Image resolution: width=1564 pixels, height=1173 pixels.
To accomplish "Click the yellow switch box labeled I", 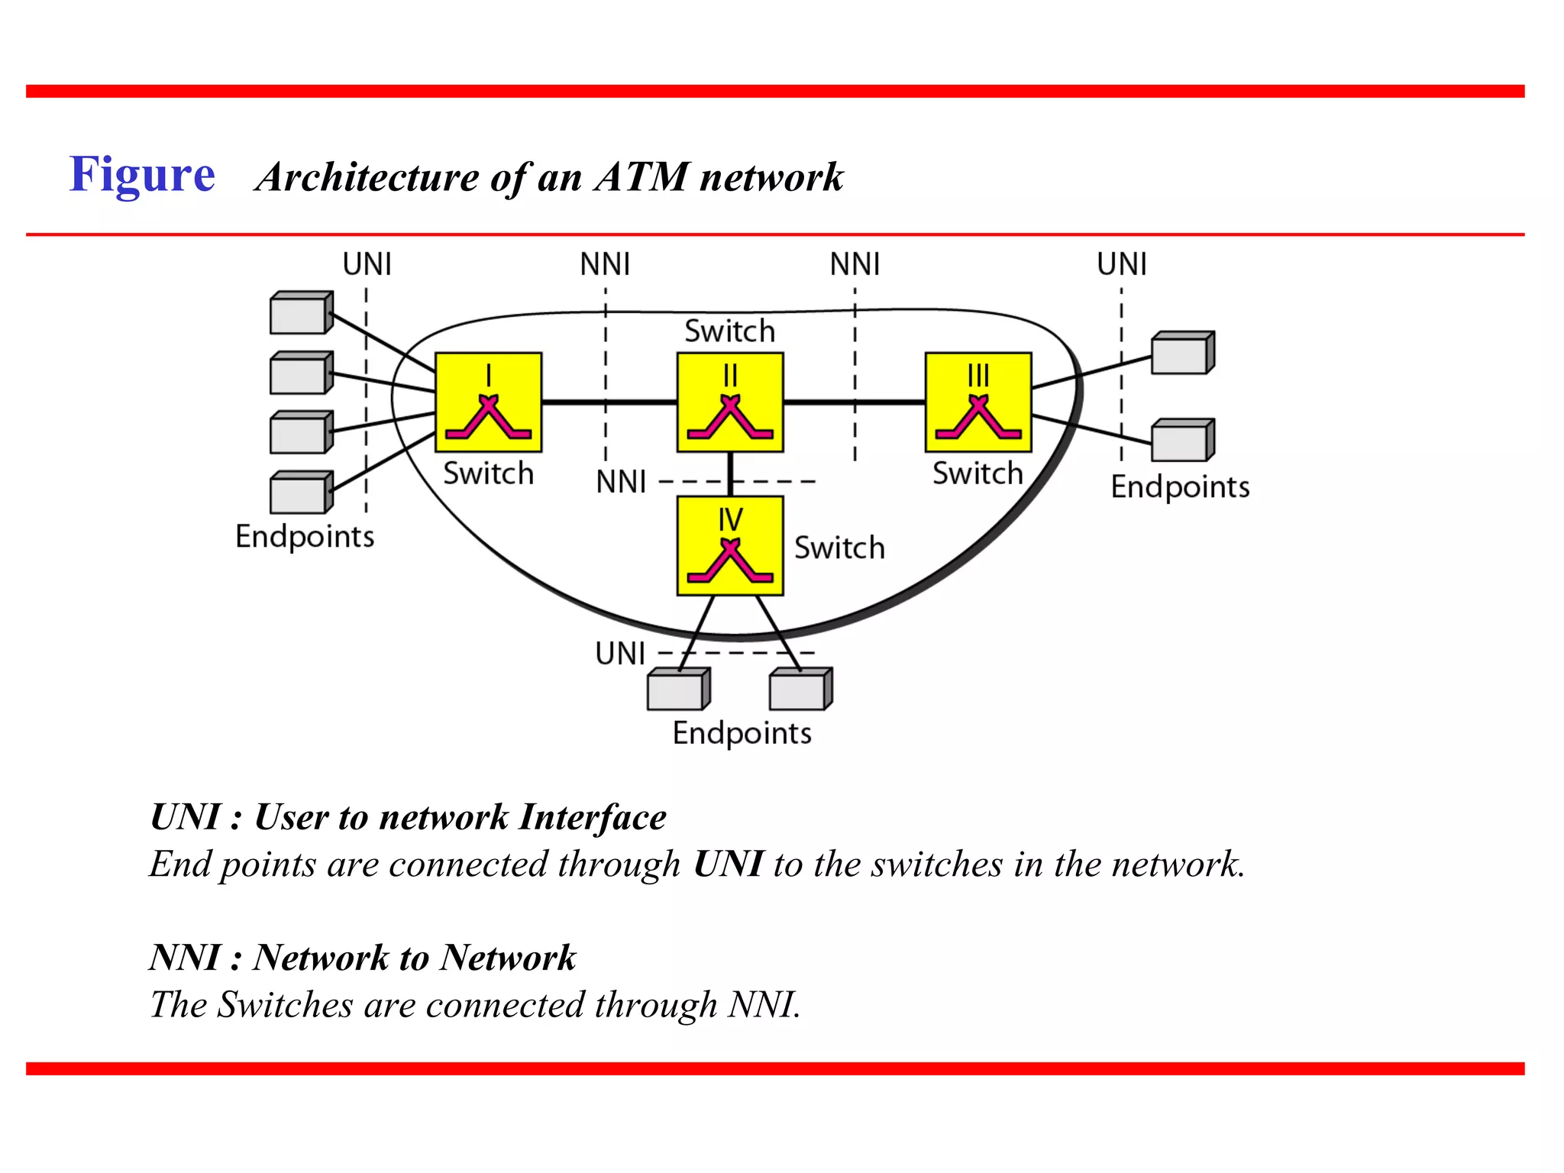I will tap(488, 402).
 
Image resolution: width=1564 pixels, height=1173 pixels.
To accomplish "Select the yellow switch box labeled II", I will tap(730, 402).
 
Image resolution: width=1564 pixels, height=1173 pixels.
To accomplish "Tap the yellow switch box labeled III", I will tap(977, 402).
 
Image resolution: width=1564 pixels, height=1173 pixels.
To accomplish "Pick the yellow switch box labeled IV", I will tap(730, 545).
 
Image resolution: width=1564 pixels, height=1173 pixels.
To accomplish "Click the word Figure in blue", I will tap(142, 175).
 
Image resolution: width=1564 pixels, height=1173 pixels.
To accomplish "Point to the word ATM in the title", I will tap(641, 176).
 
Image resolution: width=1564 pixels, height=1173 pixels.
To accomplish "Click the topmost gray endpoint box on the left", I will tap(300, 313).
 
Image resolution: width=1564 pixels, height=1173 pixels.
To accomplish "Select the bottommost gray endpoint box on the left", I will tap(300, 493).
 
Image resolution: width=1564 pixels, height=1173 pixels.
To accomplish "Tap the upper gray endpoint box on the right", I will tap(1181, 354).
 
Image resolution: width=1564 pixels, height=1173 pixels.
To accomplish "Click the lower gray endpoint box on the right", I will tap(1181, 441).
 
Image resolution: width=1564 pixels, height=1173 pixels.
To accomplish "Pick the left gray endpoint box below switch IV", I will tap(677, 690).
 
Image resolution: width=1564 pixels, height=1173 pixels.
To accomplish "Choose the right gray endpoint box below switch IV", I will tap(800, 690).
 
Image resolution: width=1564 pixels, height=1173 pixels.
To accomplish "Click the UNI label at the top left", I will tap(367, 264).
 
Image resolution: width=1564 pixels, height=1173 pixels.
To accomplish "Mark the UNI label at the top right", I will tap(1121, 264).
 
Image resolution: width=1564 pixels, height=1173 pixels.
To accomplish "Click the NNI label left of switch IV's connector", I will tap(621, 483).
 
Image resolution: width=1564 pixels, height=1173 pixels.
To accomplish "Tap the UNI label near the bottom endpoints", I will tap(620, 654).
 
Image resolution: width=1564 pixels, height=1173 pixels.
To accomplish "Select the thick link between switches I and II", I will tap(609, 402).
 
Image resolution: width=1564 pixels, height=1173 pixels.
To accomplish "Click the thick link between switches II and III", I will tap(854, 402).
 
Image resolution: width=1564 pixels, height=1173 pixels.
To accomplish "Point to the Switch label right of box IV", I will tap(839, 548).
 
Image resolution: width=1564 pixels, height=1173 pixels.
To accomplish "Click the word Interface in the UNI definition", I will tap(592, 817).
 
